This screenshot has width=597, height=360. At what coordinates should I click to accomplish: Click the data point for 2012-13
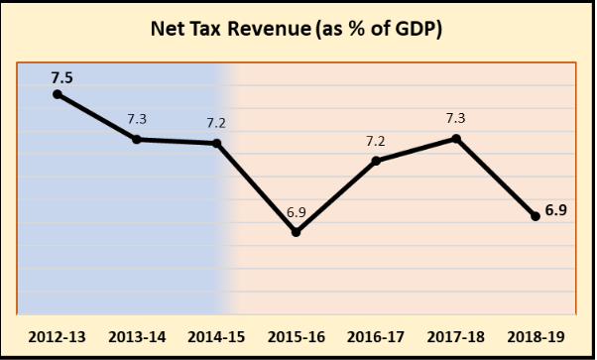coord(58,94)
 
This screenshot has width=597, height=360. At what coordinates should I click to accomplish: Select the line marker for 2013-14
coord(137,139)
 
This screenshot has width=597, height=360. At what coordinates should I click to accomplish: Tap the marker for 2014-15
coord(217,144)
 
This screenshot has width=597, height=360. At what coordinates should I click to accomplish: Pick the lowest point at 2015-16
coord(297,232)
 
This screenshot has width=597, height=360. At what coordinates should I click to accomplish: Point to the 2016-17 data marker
coord(376,161)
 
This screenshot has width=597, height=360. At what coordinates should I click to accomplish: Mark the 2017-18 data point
coord(456,138)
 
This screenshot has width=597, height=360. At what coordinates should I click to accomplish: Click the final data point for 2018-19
coord(536,216)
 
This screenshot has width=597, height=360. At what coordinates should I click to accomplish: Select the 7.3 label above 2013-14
coord(137,119)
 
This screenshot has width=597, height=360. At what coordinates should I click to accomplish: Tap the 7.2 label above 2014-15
coord(217,124)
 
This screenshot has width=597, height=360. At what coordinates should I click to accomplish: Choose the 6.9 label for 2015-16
coord(297,212)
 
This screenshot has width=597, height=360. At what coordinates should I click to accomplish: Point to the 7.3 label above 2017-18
coord(456,118)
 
